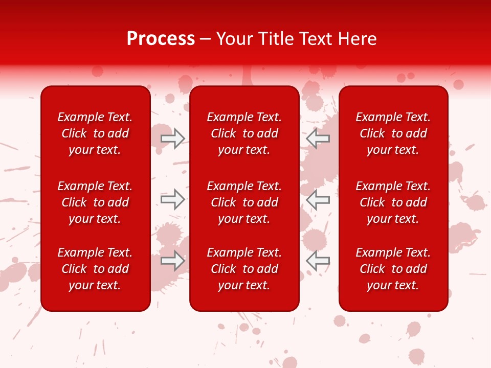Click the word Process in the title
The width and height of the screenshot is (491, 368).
pos(161,39)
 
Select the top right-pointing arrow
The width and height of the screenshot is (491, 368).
pos(172,138)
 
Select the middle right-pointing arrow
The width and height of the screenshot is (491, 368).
pos(172,199)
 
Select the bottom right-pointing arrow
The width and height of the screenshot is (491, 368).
pos(172,261)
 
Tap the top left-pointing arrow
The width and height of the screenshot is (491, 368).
pos(318,138)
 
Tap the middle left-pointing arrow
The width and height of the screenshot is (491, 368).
pos(318,199)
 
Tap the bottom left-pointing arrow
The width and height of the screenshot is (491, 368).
pos(318,261)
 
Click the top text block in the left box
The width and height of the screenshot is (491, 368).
pos(95,133)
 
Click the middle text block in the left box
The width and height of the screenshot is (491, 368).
pos(95,202)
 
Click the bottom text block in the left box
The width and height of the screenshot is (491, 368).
pos(95,269)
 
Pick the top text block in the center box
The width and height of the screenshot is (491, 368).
pos(244,133)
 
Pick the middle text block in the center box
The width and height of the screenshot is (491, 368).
pos(244,202)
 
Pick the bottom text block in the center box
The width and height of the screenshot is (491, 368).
pos(244,269)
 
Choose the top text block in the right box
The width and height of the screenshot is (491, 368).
pos(393,133)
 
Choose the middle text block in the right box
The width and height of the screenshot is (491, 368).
pos(393,202)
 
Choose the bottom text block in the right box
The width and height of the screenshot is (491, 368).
pos(393,269)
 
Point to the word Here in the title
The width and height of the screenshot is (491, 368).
pos(358,39)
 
